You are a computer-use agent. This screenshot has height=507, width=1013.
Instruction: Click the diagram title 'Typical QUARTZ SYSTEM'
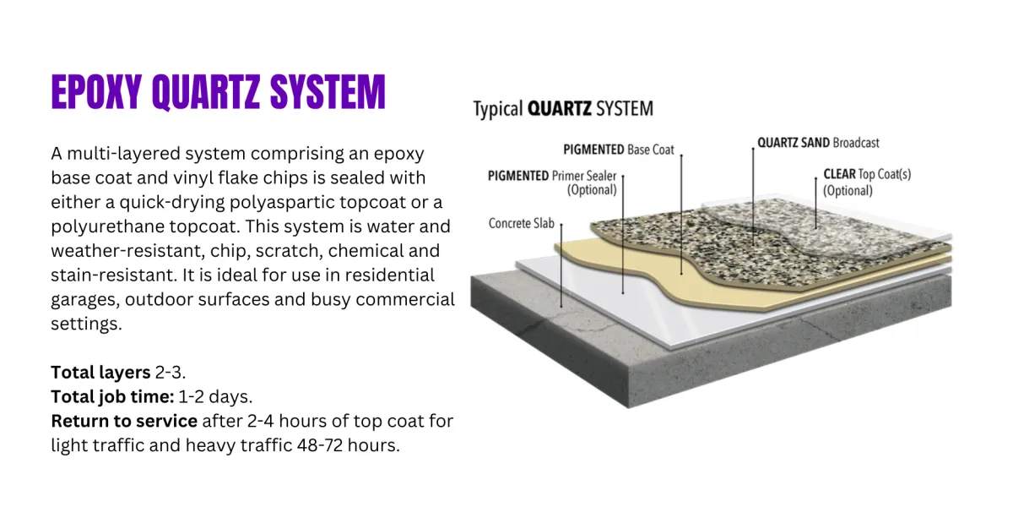pyautogui.click(x=562, y=109)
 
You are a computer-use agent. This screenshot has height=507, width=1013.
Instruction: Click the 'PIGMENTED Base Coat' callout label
pyautogui.click(x=619, y=150)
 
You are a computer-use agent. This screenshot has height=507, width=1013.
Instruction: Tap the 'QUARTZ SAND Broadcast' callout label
pyautogui.click(x=817, y=143)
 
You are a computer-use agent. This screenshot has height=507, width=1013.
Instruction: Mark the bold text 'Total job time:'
pyautogui.click(x=112, y=397)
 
